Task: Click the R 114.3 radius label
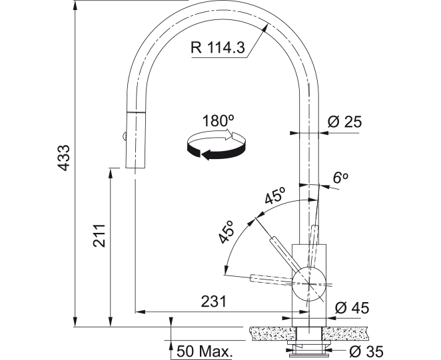[218, 47]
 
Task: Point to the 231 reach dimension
[213, 302]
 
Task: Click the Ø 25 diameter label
[344, 122]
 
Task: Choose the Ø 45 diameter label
[352, 307]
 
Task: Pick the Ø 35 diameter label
[366, 351]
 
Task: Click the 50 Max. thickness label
[205, 351]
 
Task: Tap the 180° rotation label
[219, 121]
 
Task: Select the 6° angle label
[340, 178]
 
